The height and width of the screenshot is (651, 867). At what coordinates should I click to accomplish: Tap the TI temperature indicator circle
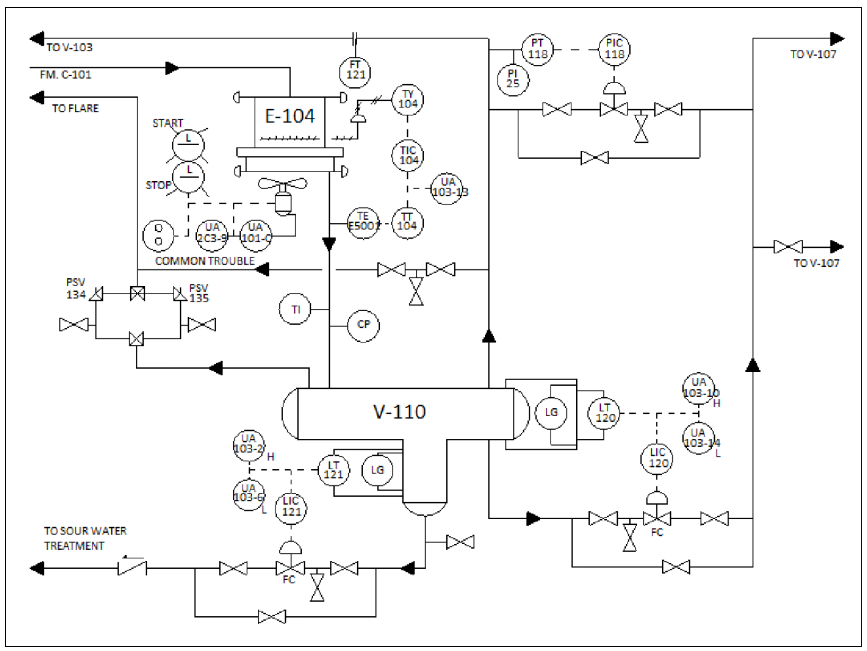[x=295, y=309]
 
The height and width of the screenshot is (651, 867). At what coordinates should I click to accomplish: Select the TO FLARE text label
[x=75, y=109]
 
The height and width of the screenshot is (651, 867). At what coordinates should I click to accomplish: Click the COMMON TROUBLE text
[x=205, y=261]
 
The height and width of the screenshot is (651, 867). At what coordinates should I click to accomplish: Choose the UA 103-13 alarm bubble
[x=447, y=189]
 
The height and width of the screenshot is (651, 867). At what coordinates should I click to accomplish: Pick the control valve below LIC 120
[x=656, y=518]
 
